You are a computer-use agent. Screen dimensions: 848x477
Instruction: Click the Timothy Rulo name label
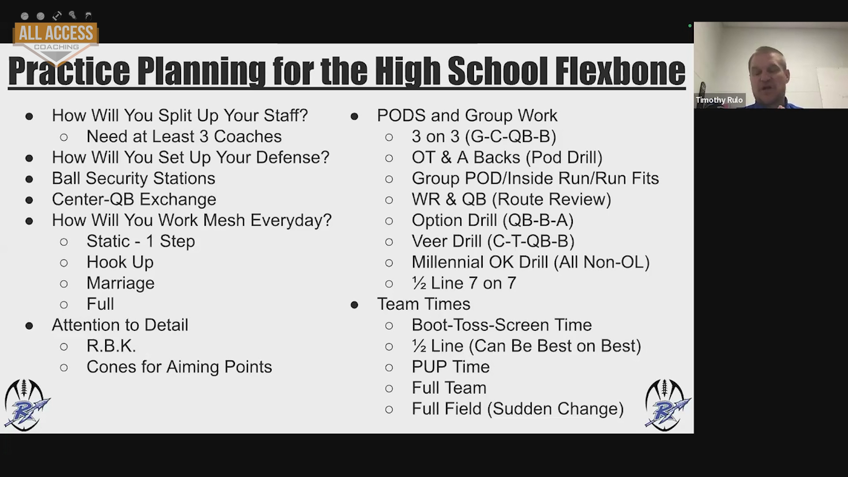[719, 100]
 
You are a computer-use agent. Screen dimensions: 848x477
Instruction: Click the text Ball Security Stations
[133, 178]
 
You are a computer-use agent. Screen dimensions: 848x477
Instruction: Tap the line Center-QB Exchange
[134, 199]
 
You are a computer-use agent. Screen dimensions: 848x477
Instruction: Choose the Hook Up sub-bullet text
[120, 262]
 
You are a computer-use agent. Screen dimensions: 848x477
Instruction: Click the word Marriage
[121, 283]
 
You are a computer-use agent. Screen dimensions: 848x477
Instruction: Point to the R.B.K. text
[111, 346]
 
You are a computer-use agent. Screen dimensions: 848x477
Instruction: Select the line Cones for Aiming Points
[179, 367]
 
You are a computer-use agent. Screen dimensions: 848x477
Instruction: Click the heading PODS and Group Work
[467, 116]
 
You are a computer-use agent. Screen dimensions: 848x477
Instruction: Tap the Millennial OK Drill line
[530, 262]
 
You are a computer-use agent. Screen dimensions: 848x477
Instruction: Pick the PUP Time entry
[450, 367]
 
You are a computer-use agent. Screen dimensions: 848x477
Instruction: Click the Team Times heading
[424, 304]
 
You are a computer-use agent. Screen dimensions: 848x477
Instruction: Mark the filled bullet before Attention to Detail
[29, 326]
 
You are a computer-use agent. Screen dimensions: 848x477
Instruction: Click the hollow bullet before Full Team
[389, 389]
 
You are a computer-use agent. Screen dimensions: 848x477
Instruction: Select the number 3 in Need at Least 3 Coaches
[204, 136]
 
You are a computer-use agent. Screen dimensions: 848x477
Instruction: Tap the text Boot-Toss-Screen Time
[502, 325]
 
